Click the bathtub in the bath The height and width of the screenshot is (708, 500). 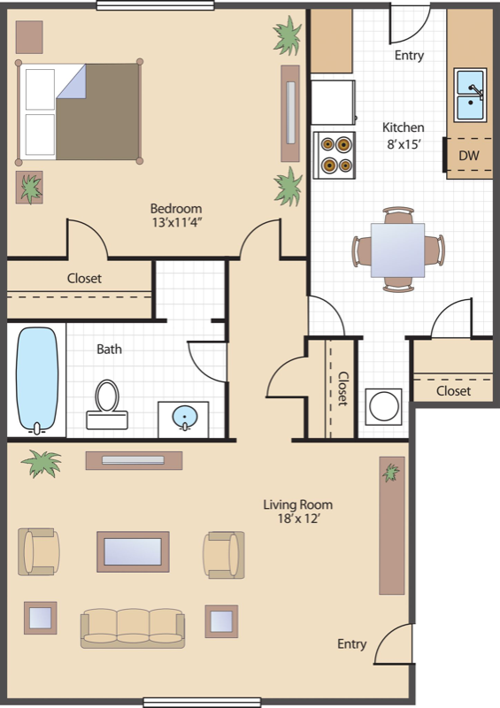[37, 381]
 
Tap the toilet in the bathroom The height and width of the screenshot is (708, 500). [107, 404]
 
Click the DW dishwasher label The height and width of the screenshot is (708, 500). [469, 156]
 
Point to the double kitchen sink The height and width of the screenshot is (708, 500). [470, 96]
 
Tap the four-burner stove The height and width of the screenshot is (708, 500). [335, 155]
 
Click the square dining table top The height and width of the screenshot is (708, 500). [397, 250]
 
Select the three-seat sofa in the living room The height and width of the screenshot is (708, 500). [133, 628]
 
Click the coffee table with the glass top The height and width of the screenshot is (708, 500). [133, 551]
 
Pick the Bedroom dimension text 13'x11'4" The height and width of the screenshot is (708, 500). [176, 223]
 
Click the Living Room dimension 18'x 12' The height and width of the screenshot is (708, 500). [298, 519]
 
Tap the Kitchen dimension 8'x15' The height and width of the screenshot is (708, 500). [404, 144]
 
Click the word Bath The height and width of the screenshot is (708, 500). [110, 349]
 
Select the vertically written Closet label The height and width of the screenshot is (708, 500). [342, 389]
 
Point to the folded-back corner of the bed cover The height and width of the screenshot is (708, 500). [72, 81]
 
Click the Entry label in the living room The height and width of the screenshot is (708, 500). [352, 644]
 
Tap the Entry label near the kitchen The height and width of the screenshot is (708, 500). [409, 56]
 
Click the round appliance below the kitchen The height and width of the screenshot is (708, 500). [383, 406]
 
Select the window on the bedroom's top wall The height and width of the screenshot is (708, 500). [156, 5]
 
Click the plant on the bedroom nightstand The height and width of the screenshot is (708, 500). [30, 188]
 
